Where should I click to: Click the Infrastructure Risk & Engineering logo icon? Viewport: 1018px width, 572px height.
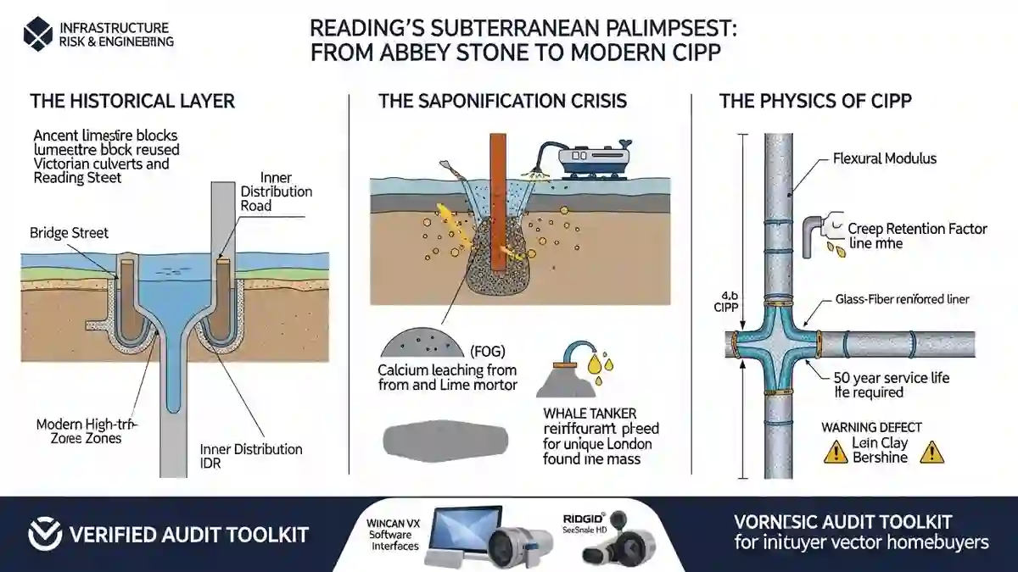pos(39,35)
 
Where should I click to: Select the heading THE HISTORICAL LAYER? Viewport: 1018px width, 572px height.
pos(132,102)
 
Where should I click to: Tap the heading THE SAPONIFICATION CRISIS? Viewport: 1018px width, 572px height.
pos(503,102)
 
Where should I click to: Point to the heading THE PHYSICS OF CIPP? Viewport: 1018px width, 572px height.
pos(815,102)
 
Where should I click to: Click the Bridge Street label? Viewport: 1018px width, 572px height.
pos(69,233)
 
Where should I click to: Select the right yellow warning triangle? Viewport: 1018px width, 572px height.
pos(933,453)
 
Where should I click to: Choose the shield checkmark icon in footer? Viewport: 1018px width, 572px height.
pos(44,535)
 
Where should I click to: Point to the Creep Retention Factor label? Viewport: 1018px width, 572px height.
pos(918,230)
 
